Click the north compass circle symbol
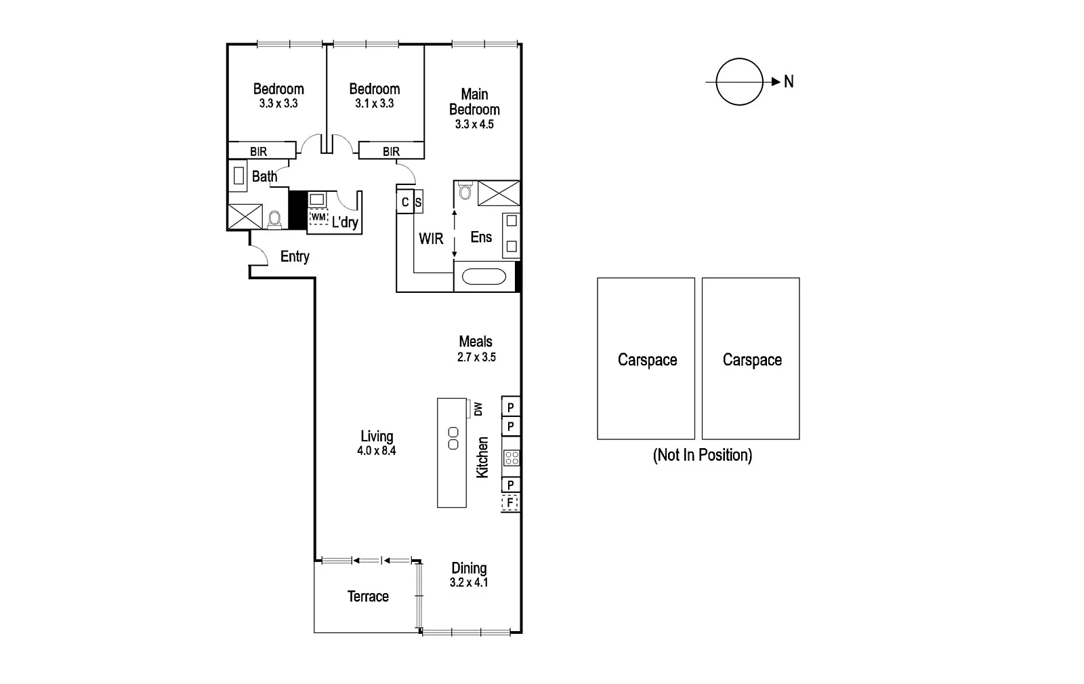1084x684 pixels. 739,82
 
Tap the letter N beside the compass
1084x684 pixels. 789,82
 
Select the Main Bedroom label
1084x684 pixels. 474,102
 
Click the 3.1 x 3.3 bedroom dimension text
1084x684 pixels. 374,104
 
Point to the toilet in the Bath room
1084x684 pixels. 274,218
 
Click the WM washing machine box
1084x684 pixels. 318,217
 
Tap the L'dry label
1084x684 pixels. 345,222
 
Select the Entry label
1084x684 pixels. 295,256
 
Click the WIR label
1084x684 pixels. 431,238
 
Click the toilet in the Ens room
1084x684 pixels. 464,193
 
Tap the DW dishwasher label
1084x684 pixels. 478,409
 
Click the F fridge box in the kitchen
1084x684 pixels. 510,503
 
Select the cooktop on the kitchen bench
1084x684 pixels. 511,458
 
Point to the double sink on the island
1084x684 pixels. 453,438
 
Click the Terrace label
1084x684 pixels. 368,597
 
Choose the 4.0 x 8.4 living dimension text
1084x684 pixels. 376,450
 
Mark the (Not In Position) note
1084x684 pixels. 702,455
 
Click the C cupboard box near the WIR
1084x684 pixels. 405,202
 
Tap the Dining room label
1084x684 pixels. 469,568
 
